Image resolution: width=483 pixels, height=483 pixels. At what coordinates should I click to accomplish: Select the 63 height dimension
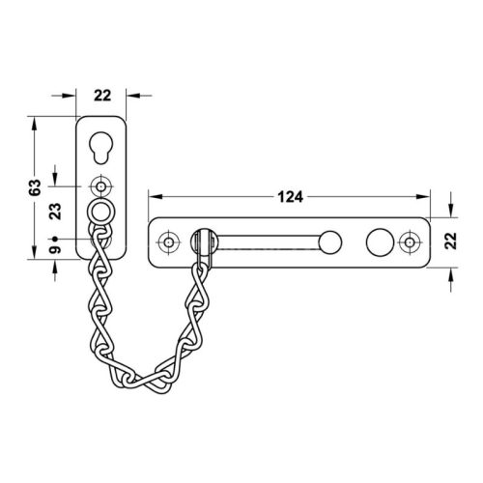coord(34,185)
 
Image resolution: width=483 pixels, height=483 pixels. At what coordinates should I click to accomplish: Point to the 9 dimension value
coord(55,250)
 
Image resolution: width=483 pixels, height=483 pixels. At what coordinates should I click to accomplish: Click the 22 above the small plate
coord(101,95)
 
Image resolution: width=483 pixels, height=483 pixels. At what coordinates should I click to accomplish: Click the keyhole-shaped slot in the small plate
coord(101,148)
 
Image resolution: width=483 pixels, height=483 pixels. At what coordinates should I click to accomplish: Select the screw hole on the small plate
coord(101,185)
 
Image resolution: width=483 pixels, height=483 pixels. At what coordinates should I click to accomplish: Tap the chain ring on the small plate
coord(101,211)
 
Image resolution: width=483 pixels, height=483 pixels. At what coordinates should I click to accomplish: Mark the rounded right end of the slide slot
coord(331,241)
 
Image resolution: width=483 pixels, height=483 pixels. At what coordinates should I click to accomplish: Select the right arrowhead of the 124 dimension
coord(427,197)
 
